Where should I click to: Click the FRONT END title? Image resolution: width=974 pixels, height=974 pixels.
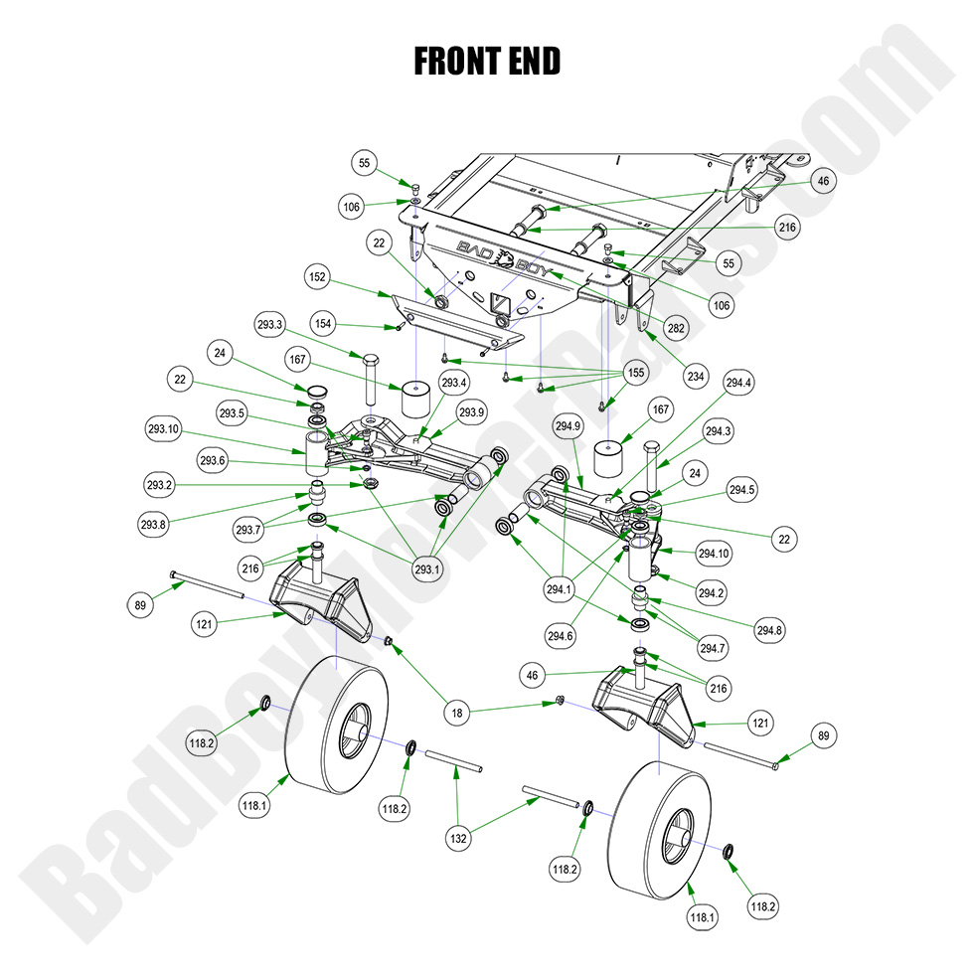coord(486,62)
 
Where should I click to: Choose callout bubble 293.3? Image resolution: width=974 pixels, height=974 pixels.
coord(270,323)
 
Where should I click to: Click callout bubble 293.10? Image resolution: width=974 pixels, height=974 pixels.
coord(162,429)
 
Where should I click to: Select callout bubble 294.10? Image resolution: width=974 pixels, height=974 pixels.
coord(714,553)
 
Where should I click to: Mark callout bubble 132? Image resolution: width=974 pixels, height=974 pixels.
coord(458,839)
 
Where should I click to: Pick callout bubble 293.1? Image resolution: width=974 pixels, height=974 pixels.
coord(428,569)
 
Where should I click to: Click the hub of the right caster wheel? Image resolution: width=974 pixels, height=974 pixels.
coord(676,828)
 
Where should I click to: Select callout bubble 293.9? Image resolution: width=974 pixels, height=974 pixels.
coord(472,411)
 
